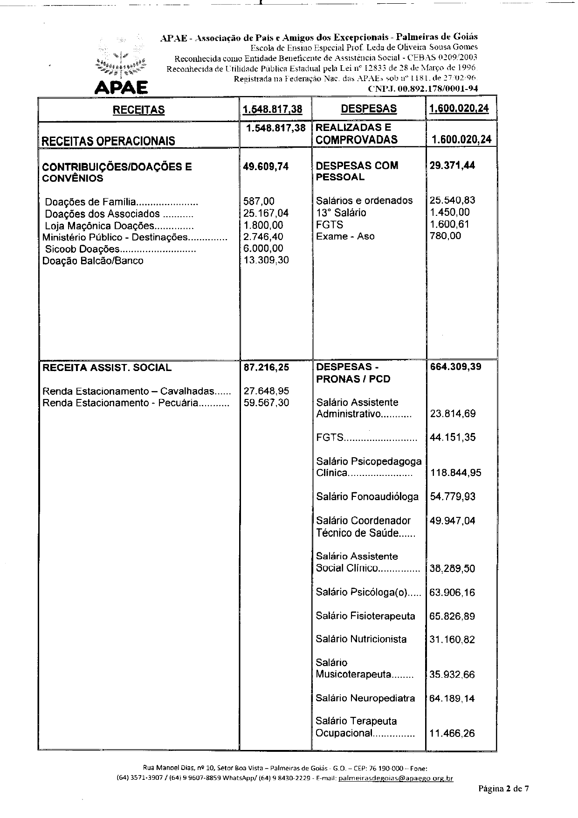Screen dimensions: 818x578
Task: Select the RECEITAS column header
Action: pos(138,110)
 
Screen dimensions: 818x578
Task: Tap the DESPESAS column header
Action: pos(369,109)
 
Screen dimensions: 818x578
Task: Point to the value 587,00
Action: pos(259,201)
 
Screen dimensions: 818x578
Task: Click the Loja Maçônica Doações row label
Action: pos(119,226)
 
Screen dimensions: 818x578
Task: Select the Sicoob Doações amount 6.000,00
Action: pos(263,248)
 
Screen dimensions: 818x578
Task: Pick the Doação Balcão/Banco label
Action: pos(93,261)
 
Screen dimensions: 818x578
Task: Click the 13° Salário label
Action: pos(341,213)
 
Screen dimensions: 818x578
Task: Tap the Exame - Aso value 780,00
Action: pos(445,236)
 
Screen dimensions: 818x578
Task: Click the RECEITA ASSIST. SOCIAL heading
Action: pos(107,367)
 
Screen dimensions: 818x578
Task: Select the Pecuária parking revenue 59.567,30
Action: pos(266,403)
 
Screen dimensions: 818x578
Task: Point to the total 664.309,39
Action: pos(452,367)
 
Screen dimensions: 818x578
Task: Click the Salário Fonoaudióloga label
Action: pos(367,497)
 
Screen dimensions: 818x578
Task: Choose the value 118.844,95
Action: pos(456,473)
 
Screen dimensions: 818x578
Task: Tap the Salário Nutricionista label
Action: pos(361,639)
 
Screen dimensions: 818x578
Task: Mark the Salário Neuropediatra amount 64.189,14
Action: pos(452,698)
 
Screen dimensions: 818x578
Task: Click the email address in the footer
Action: pos(396,778)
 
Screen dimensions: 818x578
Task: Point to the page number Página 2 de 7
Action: pos(503,789)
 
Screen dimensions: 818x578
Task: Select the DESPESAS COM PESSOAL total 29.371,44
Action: pos(452,165)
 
